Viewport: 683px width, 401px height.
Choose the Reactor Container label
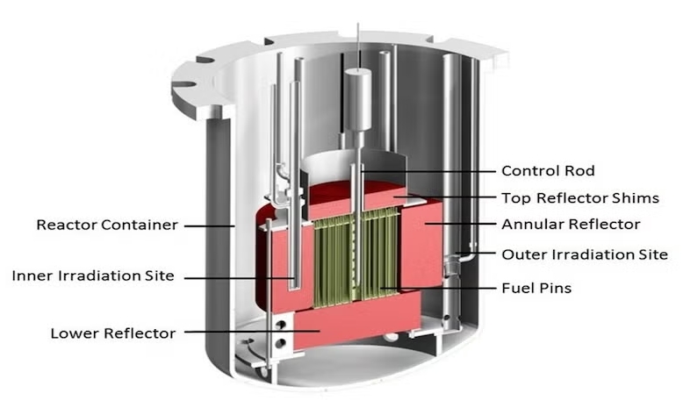[x=107, y=225]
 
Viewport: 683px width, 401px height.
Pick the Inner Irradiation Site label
[x=93, y=276]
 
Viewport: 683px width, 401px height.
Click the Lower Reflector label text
[x=113, y=333]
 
